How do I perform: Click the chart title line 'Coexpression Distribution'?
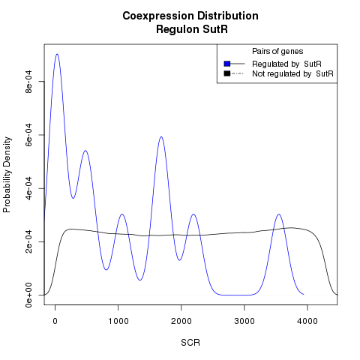pos(190,16)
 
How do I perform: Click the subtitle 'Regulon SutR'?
pos(192,29)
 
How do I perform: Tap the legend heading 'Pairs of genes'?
pos(277,51)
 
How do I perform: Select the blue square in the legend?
pos(227,64)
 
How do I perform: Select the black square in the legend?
pos(227,73)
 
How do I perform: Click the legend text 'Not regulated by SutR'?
pos(292,74)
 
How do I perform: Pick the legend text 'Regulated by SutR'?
pos(286,64)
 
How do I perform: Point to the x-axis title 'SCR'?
pos(190,343)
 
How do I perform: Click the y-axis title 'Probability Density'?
pos(7,175)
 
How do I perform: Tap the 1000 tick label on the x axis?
pos(118,321)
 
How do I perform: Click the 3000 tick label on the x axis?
pos(244,321)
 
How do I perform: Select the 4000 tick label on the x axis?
pos(307,321)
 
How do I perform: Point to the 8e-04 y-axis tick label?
pos(28,82)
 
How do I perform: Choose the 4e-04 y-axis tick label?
pos(28,188)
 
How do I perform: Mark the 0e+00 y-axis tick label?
pos(28,295)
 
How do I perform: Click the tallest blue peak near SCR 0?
pos(57,54)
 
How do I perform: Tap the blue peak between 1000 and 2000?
pos(161,136)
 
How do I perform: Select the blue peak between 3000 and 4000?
pos(279,214)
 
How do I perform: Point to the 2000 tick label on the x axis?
pos(181,321)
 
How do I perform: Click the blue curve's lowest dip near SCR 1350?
pos(140,280)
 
